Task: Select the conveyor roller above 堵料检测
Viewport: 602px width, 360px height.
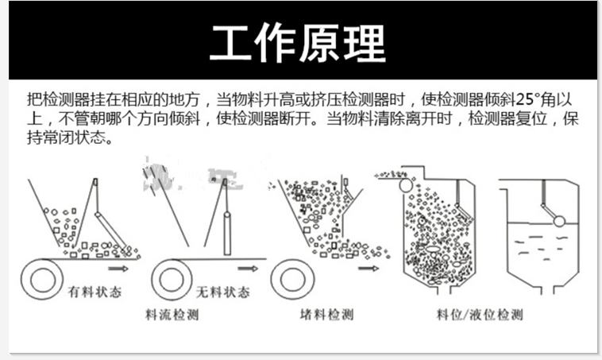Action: (x=289, y=280)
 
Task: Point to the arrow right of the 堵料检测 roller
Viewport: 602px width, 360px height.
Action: (x=368, y=269)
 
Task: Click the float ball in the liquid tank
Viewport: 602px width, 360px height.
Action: (x=558, y=221)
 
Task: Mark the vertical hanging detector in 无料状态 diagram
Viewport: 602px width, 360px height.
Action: (x=226, y=226)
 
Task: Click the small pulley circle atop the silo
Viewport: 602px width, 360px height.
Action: (x=406, y=185)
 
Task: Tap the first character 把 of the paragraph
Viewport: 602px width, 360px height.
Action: (x=33, y=101)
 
